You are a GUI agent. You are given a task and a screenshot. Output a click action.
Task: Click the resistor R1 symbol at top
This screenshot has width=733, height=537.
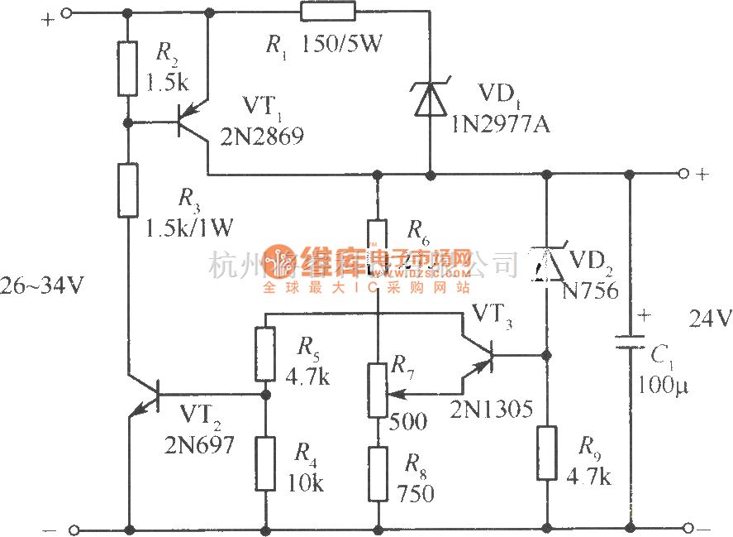(x=328, y=12)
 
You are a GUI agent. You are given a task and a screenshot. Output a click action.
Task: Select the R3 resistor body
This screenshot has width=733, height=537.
(x=127, y=190)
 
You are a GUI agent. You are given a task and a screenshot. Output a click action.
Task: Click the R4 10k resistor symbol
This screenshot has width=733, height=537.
(x=265, y=464)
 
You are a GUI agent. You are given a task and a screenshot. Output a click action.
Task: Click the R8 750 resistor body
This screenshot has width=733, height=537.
(x=378, y=473)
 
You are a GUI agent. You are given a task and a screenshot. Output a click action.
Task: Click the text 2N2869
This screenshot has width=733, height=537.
(x=262, y=137)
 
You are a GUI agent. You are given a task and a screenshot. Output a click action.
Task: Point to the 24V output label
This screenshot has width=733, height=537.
(x=710, y=319)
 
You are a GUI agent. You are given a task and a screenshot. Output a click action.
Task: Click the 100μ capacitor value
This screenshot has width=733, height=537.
(x=664, y=386)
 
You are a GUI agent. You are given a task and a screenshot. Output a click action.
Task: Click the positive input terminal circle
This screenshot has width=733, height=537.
(x=68, y=12)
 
